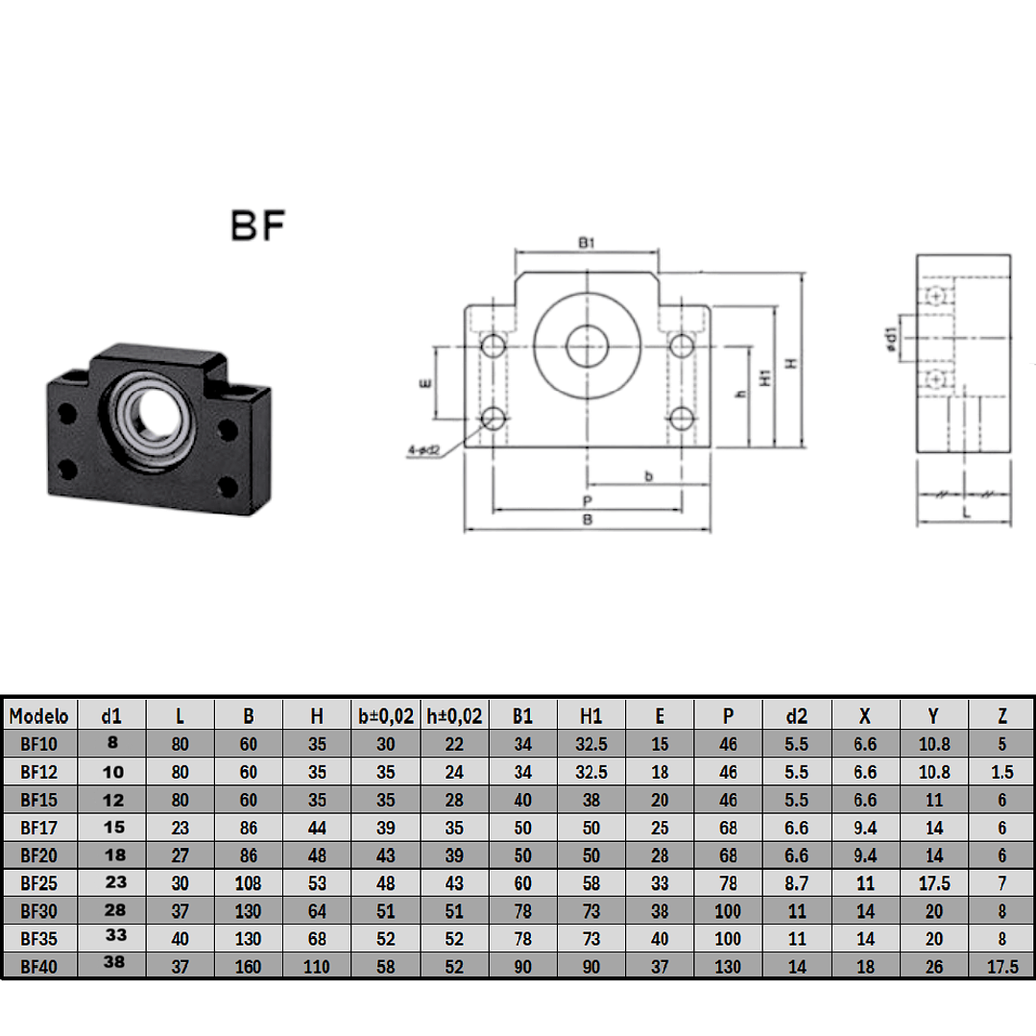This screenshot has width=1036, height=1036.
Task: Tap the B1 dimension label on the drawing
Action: [588, 244]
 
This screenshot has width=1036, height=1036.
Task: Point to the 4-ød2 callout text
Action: [422, 448]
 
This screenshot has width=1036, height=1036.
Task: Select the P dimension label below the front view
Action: [586, 501]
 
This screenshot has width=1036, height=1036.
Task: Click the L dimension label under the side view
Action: [965, 513]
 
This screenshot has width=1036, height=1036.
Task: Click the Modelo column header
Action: [38, 715]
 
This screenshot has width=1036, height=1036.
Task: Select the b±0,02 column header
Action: [385, 715]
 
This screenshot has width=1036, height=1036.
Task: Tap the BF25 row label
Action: [38, 882]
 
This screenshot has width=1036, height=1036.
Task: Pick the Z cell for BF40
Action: [1001, 967]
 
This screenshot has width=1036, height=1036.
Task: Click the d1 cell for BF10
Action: [111, 742]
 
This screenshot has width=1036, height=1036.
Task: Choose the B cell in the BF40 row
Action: [249, 967]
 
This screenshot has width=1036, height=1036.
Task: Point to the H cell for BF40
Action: [317, 967]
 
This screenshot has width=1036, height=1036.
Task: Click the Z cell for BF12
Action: [1001, 771]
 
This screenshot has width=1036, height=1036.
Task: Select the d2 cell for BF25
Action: [797, 882]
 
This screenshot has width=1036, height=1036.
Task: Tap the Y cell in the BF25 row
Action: [934, 882]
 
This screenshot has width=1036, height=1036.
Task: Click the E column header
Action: [660, 715]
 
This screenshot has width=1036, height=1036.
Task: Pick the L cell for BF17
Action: [180, 827]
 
